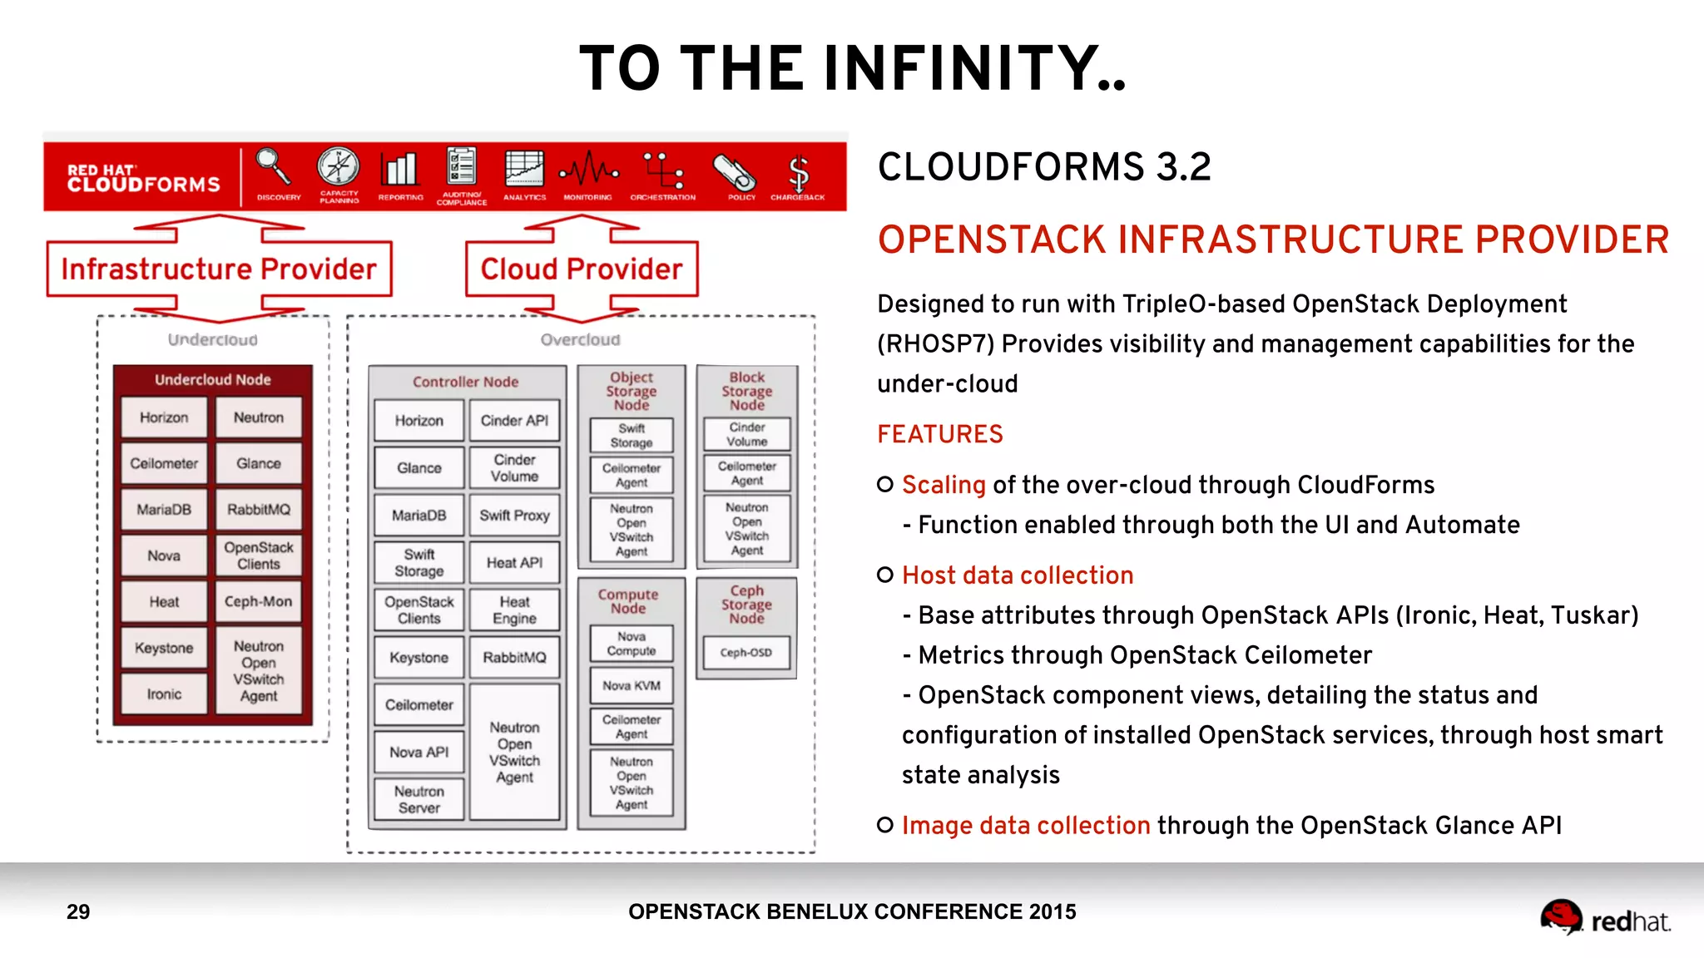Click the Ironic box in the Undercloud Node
click(x=164, y=694)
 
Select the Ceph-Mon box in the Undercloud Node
click(x=258, y=601)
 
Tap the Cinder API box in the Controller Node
click(x=514, y=421)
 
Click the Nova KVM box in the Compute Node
click(x=632, y=685)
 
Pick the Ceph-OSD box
click(x=746, y=653)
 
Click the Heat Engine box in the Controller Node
click(x=514, y=610)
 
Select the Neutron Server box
click(x=419, y=799)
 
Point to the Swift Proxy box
click(x=514, y=516)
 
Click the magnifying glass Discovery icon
click(x=274, y=169)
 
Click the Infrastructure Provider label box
click(x=219, y=269)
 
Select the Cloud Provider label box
click(x=582, y=269)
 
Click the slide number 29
click(x=78, y=912)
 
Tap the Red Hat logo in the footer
click(x=1604, y=918)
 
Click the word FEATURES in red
click(x=940, y=434)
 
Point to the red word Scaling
click(x=944, y=485)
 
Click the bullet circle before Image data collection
click(x=885, y=825)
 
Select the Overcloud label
click(x=580, y=340)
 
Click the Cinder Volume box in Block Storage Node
click(x=746, y=434)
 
